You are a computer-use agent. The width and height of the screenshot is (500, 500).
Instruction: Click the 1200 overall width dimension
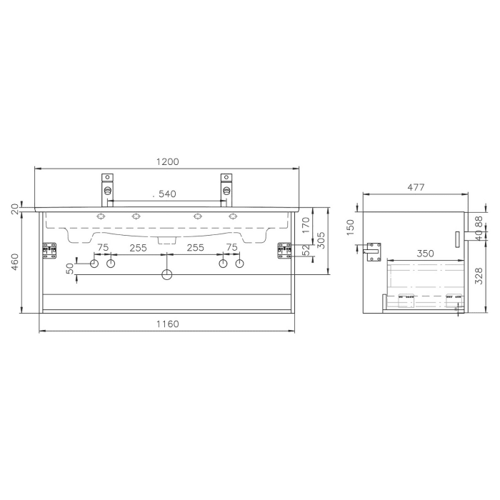(167, 162)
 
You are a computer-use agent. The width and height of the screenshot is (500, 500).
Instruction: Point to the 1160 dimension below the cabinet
(166, 324)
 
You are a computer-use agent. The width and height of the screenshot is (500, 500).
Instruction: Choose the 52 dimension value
(306, 250)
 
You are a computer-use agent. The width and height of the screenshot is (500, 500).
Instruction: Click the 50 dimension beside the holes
(69, 269)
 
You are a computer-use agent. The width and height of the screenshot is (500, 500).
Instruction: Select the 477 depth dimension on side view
(416, 187)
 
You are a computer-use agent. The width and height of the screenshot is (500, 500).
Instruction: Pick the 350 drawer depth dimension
(426, 254)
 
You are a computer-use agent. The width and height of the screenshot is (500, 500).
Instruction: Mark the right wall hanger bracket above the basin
(227, 185)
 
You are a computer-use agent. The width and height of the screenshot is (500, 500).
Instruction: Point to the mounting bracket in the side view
(373, 252)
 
